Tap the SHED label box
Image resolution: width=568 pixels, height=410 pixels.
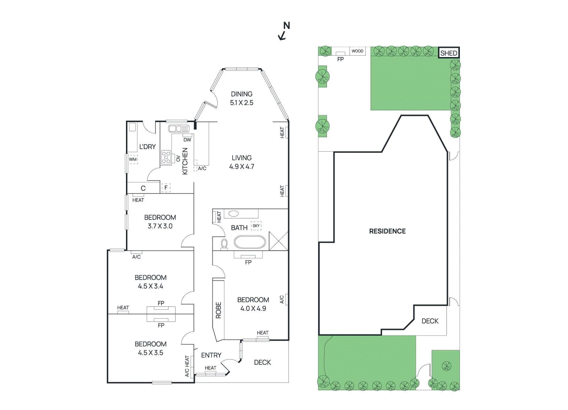tap(449, 53)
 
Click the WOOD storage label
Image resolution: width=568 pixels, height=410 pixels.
tap(357, 51)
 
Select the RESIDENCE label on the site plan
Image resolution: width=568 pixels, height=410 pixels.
tap(387, 231)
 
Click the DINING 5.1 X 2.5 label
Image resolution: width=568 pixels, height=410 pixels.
tap(241, 99)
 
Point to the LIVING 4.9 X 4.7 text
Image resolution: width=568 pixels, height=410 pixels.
tap(241, 162)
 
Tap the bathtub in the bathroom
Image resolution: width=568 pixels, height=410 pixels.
tap(250, 243)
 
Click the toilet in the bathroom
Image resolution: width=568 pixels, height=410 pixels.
tap(224, 244)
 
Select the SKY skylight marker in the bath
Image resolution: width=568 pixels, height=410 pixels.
tap(256, 226)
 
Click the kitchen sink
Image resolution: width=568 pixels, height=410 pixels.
tap(179, 129)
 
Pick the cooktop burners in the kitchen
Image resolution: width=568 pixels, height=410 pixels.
tap(166, 157)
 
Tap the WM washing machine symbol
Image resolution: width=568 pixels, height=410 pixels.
tap(133, 159)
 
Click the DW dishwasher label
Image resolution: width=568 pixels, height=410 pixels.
tap(187, 140)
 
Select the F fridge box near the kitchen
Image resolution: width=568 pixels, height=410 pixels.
tap(166, 188)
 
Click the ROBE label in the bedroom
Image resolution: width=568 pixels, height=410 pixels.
tap(218, 310)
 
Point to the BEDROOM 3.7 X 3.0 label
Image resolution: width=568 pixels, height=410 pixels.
tap(160, 222)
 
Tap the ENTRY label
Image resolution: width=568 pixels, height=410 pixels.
tap(211, 355)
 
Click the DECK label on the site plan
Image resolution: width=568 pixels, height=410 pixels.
tap(430, 321)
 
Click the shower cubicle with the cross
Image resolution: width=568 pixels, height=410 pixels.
tap(278, 241)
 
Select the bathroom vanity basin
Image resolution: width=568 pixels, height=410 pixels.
tap(234, 214)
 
